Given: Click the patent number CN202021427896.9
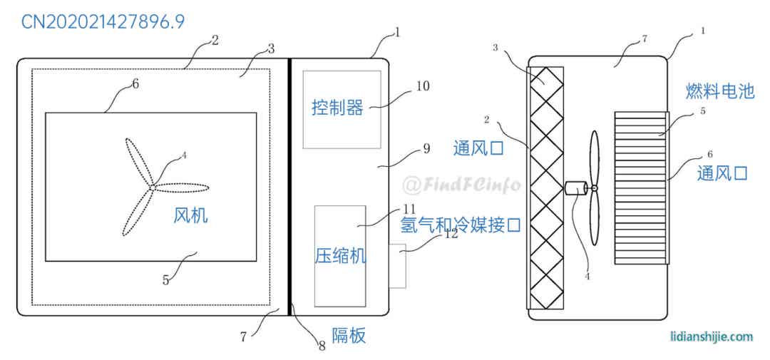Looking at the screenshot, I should [x=103, y=21].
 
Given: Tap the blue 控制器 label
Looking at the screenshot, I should [x=337, y=108].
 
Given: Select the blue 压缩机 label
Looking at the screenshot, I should [x=340, y=256].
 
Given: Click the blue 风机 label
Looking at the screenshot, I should [x=191, y=215].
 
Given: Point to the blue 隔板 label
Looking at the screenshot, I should [x=349, y=336].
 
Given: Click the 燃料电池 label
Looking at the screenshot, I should [x=720, y=91].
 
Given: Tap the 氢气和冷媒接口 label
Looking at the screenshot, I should [x=461, y=226].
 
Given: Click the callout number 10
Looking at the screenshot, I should [x=422, y=86].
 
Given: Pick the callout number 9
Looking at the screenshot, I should [x=426, y=149].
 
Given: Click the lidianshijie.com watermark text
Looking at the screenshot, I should [x=712, y=336].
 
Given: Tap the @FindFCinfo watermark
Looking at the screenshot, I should [x=461, y=185].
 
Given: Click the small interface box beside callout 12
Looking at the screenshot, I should [x=397, y=266].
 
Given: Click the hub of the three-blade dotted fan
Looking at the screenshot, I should [x=153, y=187].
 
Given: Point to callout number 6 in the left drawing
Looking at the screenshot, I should [x=135, y=83].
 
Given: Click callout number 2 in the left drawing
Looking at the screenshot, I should [x=215, y=40].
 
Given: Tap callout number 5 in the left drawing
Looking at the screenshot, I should [x=165, y=280].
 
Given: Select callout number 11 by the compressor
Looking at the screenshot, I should [x=409, y=209].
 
